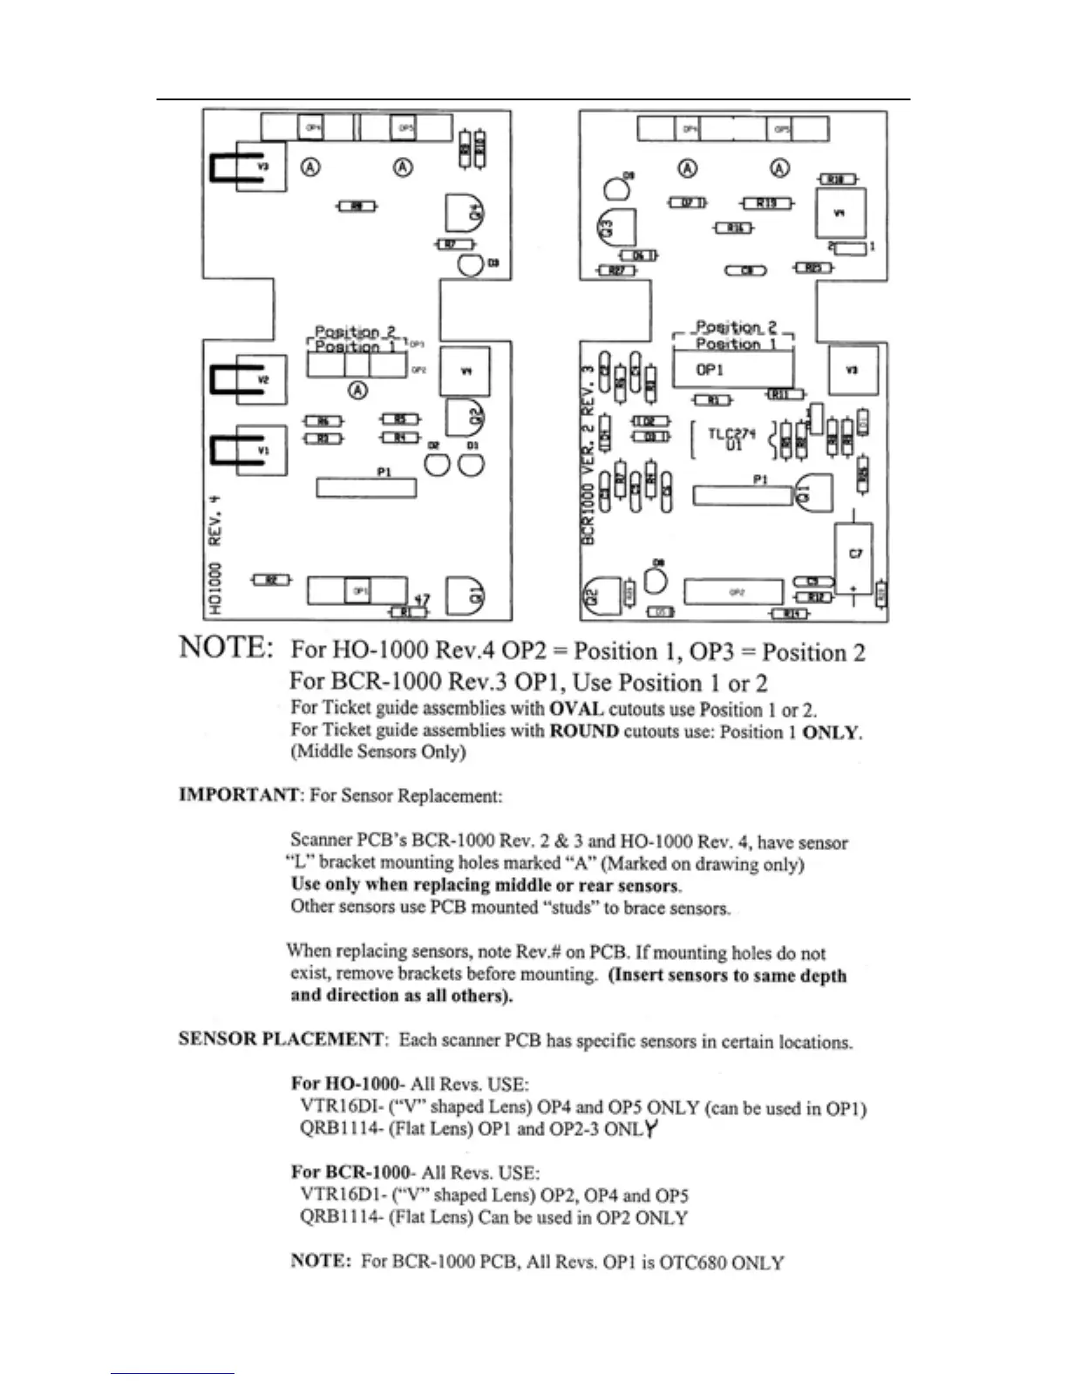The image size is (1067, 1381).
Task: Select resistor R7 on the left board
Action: (x=453, y=245)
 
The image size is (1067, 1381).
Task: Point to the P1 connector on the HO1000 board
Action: (x=366, y=486)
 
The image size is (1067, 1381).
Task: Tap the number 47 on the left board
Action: (x=421, y=600)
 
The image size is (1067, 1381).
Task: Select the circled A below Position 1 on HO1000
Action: (x=358, y=390)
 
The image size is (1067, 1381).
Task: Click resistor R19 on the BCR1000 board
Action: (x=766, y=203)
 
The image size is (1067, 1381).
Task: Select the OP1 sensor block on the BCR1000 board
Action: (x=731, y=370)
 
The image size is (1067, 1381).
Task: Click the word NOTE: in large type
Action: (x=226, y=648)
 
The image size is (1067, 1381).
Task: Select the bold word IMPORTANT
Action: (x=239, y=795)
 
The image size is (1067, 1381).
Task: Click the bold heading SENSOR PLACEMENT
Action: (x=281, y=1038)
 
